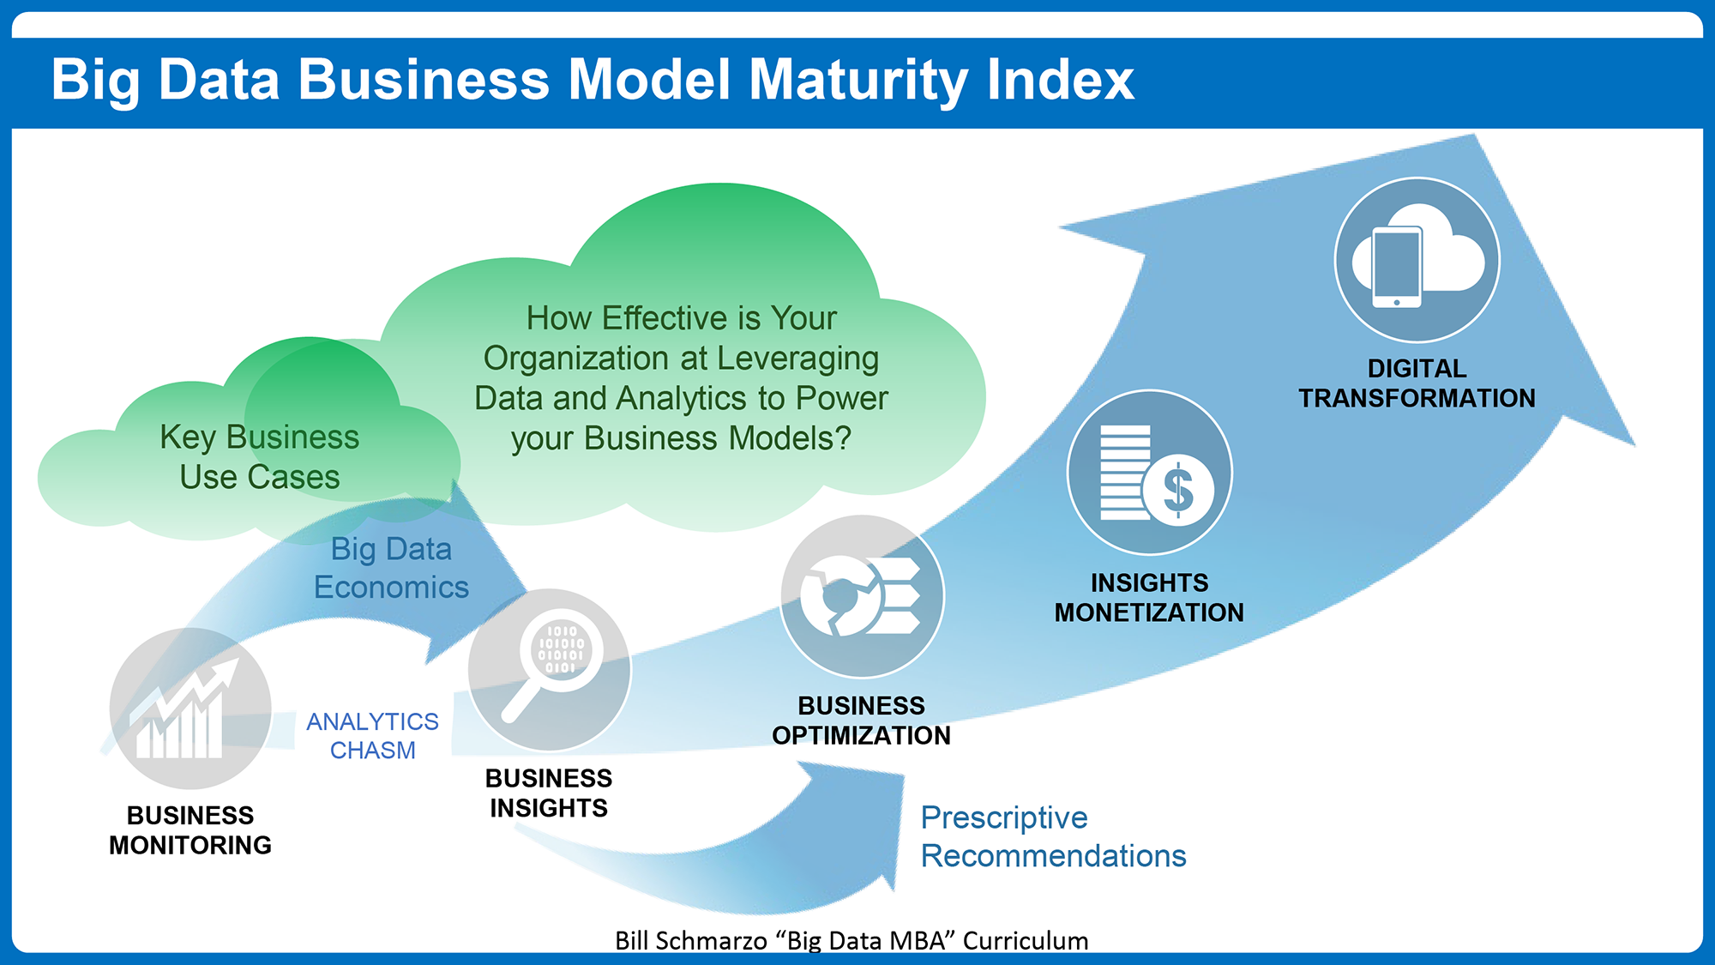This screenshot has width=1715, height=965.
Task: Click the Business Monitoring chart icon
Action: pyautogui.click(x=190, y=709)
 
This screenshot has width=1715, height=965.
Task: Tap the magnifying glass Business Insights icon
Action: pyautogui.click(x=550, y=670)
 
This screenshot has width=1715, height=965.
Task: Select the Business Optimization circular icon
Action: pyautogui.click(x=862, y=596)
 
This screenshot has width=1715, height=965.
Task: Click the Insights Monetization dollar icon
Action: pyautogui.click(x=1149, y=473)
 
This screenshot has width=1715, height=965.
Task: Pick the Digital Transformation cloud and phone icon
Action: pyautogui.click(x=1417, y=260)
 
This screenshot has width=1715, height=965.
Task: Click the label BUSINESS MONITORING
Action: pyautogui.click(x=190, y=829)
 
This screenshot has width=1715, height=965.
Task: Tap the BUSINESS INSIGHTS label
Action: pyautogui.click(x=549, y=793)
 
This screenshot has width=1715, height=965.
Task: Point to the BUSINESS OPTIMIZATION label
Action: pyautogui.click(x=861, y=721)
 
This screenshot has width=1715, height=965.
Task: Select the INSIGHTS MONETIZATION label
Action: pyautogui.click(x=1149, y=597)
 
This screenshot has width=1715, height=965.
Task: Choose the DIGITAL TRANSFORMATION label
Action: pyautogui.click(x=1417, y=383)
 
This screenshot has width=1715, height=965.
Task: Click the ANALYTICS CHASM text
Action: pyautogui.click(x=372, y=735)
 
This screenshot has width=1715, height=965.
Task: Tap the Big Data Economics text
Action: pyautogui.click(x=391, y=568)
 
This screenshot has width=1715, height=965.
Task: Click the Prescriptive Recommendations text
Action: pyautogui.click(x=1053, y=836)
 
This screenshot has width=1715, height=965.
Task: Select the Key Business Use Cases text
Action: pyautogui.click(x=260, y=457)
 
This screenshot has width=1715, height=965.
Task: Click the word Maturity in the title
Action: pyautogui.click(x=858, y=81)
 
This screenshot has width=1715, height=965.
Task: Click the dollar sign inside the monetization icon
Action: pyautogui.click(x=1178, y=491)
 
